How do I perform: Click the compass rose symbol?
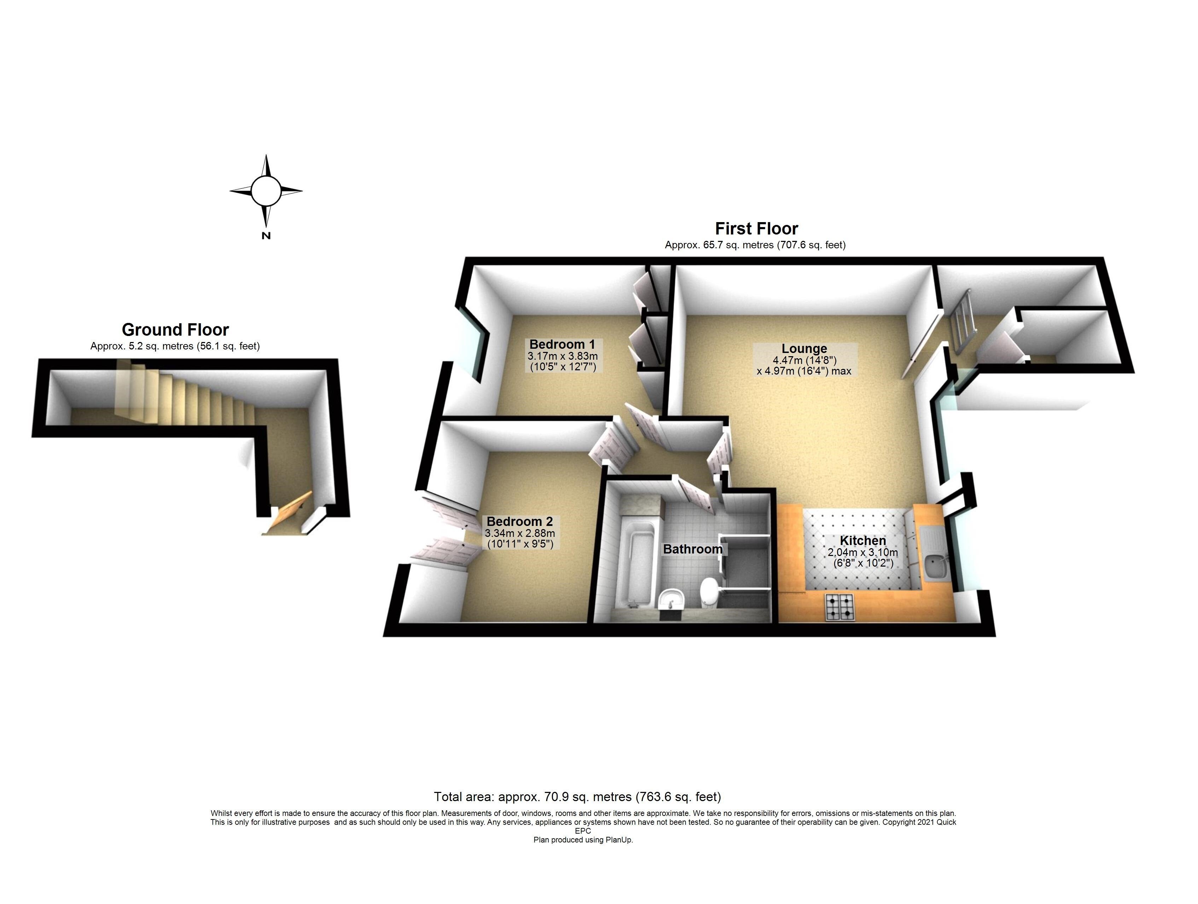(266, 191)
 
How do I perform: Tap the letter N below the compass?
(266, 236)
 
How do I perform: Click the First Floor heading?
(757, 228)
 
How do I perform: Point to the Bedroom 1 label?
(562, 344)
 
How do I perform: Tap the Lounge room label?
(804, 348)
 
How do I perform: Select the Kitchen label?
(863, 540)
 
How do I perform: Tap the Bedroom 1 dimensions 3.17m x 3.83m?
(562, 356)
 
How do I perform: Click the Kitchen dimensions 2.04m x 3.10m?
(863, 552)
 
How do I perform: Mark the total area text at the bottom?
(577, 797)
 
